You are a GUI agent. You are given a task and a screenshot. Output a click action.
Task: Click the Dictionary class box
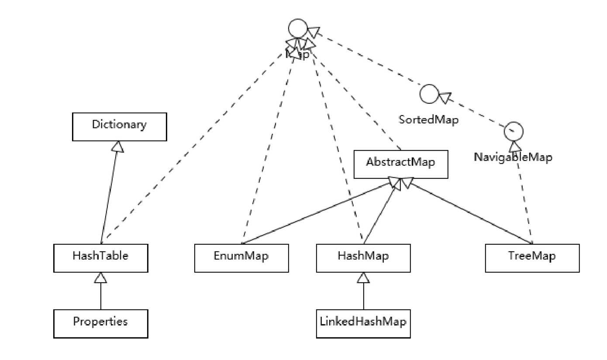119,127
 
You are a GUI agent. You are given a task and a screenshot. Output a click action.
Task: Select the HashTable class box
100,258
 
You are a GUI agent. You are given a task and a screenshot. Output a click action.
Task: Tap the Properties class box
100,323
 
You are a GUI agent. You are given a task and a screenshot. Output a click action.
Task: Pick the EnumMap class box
241,258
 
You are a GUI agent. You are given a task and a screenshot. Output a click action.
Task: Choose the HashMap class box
363,258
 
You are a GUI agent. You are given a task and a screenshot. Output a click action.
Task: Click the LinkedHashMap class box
363,323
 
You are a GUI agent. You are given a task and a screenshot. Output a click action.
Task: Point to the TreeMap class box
532,258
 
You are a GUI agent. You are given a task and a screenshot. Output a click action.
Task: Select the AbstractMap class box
400,164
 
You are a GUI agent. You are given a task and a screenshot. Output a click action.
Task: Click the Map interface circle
298,30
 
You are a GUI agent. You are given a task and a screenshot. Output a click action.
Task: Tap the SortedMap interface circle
429,94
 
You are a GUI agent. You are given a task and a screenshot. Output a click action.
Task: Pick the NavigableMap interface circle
513,131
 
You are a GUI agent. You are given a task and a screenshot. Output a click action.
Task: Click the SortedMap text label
429,120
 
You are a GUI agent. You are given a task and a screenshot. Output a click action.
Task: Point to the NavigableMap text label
513,158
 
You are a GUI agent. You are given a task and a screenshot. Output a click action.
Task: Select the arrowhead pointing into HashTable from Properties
100,278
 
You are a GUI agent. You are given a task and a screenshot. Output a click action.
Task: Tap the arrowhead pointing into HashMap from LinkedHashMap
363,278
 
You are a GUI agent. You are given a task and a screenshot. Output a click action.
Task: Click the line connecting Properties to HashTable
100,297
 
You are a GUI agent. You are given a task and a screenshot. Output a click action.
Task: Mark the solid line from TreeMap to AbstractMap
472,214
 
